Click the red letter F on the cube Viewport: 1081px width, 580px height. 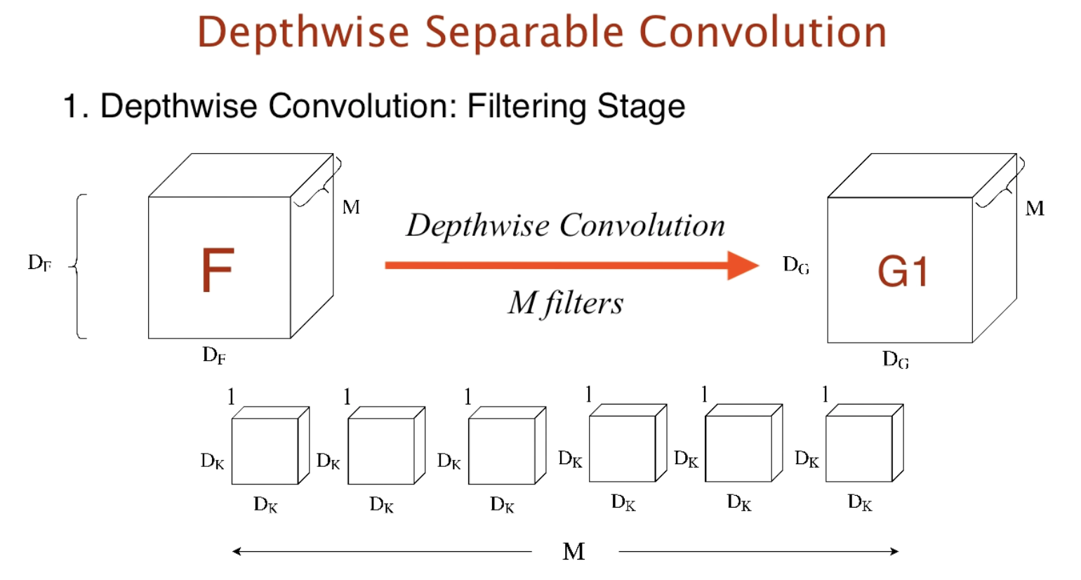(218, 270)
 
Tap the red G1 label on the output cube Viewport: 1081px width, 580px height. (903, 272)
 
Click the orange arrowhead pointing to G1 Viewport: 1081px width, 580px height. (744, 265)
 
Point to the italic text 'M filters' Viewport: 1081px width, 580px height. (566, 303)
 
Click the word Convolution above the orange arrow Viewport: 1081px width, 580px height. (642, 225)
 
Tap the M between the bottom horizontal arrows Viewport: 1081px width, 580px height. (573, 552)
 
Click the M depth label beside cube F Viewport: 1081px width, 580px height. (351, 207)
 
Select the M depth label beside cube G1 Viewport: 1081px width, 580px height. (1035, 209)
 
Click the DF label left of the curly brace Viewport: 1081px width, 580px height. (39, 263)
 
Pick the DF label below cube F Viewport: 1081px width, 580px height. (214, 355)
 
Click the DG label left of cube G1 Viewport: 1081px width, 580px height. (796, 265)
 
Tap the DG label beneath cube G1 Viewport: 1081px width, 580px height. (896, 360)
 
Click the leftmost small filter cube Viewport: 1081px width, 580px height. (265, 450)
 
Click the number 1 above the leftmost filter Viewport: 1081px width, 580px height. (231, 397)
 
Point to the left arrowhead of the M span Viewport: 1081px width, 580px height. (237, 551)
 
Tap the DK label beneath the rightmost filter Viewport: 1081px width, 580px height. (860, 503)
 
